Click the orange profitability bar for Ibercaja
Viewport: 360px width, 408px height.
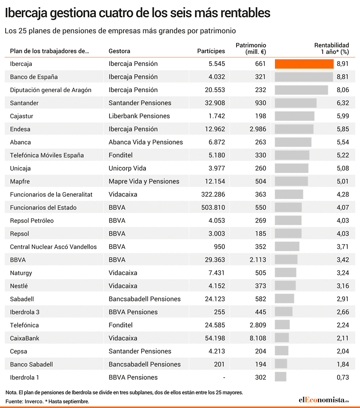(304, 64)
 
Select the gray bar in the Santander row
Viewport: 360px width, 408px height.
(295, 103)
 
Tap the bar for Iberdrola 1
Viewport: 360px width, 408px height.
(281, 377)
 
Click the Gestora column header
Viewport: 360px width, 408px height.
(119, 51)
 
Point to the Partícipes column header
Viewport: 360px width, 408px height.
(211, 51)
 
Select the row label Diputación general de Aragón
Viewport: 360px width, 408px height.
(50, 90)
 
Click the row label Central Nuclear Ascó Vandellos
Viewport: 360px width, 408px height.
(53, 247)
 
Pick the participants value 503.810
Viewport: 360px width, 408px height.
(213, 208)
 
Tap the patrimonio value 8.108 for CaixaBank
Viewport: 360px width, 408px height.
(258, 338)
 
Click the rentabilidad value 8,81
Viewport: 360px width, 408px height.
(343, 77)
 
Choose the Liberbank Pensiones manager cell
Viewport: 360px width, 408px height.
(139, 116)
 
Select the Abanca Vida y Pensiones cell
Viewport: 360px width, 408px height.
(145, 143)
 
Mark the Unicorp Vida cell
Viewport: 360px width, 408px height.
(127, 168)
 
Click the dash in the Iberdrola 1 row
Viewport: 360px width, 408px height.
(224, 378)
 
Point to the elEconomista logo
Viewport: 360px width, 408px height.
(324, 400)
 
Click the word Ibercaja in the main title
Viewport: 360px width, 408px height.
(26, 13)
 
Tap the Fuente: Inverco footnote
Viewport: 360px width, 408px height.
(24, 401)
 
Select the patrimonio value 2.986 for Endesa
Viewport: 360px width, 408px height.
(258, 129)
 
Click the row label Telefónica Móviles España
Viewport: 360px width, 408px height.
(47, 155)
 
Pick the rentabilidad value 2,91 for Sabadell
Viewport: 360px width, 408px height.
(343, 299)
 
